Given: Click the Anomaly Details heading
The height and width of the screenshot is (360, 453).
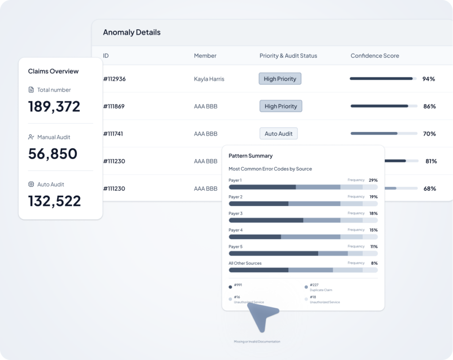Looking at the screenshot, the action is tap(132, 32).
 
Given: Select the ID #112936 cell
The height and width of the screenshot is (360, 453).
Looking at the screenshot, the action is tap(115, 79).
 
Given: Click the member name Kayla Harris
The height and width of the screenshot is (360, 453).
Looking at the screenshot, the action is tap(209, 79).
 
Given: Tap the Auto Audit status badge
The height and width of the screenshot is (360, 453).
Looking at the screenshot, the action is tap(279, 134).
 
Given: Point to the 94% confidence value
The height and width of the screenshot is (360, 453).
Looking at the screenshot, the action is tap(429, 79).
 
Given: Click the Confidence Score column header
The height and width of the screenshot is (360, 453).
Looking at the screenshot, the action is tap(375, 56).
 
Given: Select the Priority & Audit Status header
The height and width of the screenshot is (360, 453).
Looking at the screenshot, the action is tap(288, 56).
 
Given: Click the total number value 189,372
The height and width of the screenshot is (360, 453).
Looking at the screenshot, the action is tap(54, 106).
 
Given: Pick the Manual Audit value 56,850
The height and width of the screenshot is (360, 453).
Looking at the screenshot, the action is tap(53, 154).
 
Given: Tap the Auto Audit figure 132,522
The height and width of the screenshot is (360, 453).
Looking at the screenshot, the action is tap(54, 201).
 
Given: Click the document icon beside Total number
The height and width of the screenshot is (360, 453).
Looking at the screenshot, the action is tap(31, 89).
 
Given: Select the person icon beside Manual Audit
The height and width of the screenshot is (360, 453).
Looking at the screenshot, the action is tap(31, 137).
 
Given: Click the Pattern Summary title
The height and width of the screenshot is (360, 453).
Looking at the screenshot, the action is tap(250, 156).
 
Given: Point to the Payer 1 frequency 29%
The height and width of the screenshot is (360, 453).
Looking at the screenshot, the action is tap(373, 180).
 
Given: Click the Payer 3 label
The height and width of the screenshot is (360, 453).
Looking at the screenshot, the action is tap(235, 213).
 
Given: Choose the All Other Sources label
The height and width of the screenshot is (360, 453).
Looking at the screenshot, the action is tap(245, 263).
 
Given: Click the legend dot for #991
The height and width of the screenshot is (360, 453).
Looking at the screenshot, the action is tap(230, 287).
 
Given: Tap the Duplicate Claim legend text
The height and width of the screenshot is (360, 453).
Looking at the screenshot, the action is tap(321, 290).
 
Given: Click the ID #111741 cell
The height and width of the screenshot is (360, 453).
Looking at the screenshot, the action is tap(113, 134).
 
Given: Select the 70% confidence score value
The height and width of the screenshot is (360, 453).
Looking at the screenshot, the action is tap(429, 134).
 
